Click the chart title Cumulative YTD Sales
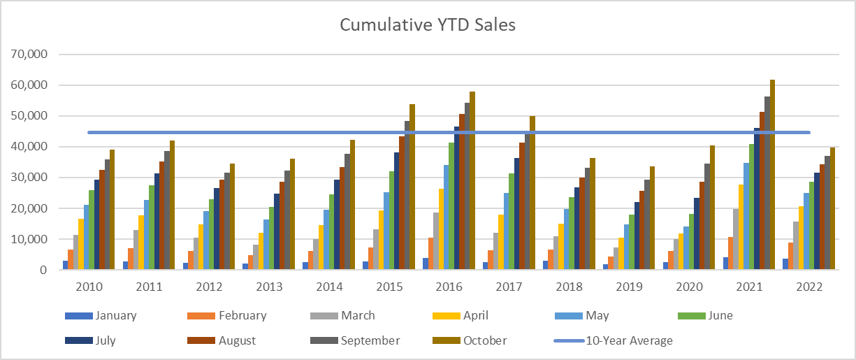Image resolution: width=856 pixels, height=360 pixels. click(x=428, y=25)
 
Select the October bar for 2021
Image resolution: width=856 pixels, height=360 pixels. click(x=772, y=175)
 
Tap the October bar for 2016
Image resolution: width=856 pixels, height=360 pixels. click(x=472, y=180)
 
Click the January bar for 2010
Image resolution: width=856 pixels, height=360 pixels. click(x=66, y=265)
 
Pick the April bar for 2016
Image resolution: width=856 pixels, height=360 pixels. click(x=441, y=229)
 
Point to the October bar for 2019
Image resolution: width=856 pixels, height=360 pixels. click(x=653, y=218)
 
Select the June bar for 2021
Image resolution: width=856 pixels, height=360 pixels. click(x=751, y=207)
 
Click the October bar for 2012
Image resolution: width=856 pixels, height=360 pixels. click(x=232, y=217)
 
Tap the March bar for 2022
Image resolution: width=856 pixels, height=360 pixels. click(x=796, y=246)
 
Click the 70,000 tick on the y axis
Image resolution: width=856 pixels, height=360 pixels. click(x=29, y=55)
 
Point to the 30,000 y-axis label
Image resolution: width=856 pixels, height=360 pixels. click(x=29, y=178)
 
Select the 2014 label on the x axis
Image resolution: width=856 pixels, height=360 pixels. click(x=329, y=287)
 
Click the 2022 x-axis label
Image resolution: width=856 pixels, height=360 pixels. click(x=809, y=287)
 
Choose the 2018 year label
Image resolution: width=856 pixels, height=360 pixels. click(x=569, y=287)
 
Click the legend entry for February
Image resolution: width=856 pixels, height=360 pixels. click(x=227, y=316)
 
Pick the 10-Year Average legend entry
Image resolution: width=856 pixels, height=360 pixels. click(x=613, y=340)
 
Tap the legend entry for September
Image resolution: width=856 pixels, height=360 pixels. click(x=355, y=340)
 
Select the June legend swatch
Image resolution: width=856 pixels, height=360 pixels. click(x=691, y=316)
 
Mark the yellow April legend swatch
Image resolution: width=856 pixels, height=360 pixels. click(x=447, y=316)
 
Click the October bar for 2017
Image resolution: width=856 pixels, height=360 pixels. click(x=532, y=193)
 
